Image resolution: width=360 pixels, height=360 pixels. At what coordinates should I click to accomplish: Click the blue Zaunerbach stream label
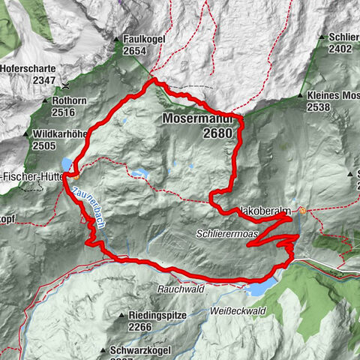coord(89,212)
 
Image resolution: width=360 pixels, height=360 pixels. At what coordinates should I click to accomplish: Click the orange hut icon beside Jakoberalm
coord(301,211)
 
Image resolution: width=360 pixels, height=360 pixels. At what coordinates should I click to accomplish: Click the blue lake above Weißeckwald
coord(259,289)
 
